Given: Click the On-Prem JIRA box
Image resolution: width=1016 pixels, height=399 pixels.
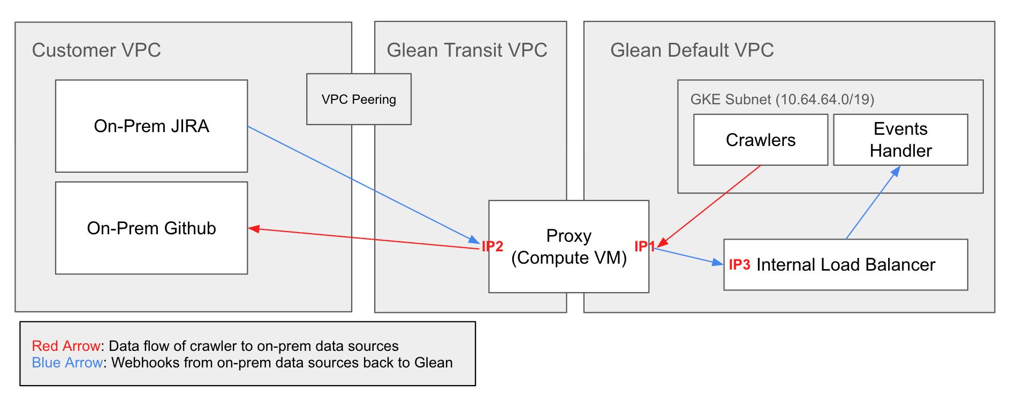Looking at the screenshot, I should click(151, 126).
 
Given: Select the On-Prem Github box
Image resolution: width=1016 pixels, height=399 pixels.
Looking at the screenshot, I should click(151, 228).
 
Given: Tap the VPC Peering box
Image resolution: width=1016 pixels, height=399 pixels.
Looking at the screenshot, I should click(359, 99).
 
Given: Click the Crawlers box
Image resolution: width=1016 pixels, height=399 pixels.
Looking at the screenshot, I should click(760, 140).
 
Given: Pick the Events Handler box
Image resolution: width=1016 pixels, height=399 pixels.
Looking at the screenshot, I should click(900, 140).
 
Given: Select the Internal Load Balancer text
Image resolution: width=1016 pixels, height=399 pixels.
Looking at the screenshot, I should click(845, 265).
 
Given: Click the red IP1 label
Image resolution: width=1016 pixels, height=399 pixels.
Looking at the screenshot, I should click(644, 246).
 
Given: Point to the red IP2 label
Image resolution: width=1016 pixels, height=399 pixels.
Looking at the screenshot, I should click(492, 247).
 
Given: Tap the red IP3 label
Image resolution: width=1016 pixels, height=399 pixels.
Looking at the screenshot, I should click(739, 265).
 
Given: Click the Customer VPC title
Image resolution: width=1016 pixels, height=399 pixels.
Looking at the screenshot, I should click(96, 50).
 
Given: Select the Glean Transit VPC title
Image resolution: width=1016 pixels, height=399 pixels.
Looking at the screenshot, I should click(467, 50).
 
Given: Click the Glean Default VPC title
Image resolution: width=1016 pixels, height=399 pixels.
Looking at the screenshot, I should click(692, 50).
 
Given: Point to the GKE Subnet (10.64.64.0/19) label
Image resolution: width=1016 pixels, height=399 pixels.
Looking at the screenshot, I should click(782, 99).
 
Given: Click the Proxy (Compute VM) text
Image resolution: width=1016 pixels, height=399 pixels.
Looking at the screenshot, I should click(568, 247).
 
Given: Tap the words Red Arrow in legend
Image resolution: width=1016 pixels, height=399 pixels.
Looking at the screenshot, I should click(66, 346).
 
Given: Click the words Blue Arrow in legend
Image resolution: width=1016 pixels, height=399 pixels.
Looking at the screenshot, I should click(67, 363).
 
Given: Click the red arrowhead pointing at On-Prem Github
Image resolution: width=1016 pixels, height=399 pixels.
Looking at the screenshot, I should click(254, 229).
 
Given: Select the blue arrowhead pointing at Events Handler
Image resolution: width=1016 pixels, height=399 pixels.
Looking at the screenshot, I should click(896, 171).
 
